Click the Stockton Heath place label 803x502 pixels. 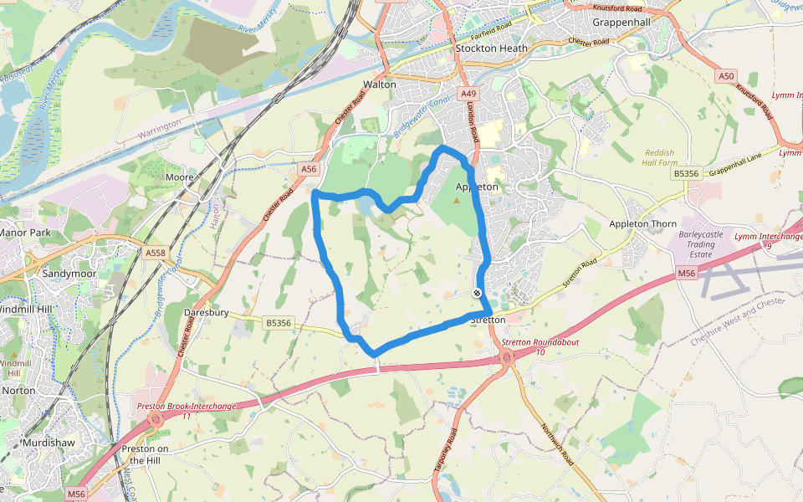click(x=492, y=49)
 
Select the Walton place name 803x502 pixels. click(x=379, y=85)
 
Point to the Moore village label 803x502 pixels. click(x=180, y=177)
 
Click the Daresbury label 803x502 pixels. click(x=207, y=313)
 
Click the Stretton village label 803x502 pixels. click(x=488, y=320)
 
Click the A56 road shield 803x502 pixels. click(x=309, y=169)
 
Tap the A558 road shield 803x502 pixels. click(x=156, y=253)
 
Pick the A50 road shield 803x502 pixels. click(x=726, y=76)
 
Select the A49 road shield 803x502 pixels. click(x=468, y=94)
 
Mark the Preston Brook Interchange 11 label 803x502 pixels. click(x=187, y=411)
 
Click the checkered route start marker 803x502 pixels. click(x=477, y=293)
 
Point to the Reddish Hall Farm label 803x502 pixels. click(x=664, y=158)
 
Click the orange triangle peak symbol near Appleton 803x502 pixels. click(x=456, y=200)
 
